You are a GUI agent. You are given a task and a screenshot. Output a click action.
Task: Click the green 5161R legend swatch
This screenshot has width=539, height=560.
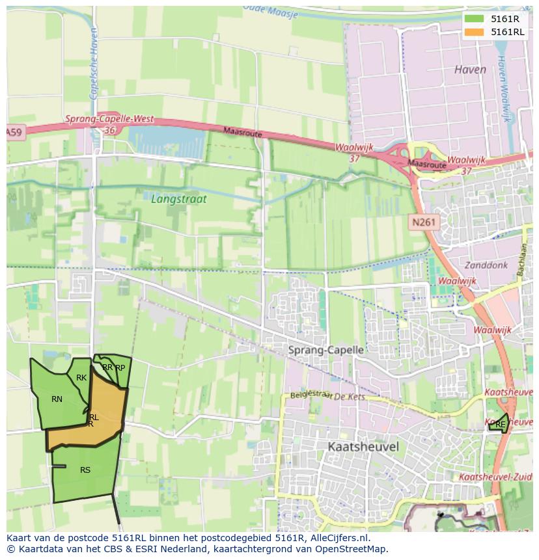point(475,19)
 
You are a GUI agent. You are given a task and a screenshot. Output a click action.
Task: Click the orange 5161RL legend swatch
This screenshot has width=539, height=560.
point(475,32)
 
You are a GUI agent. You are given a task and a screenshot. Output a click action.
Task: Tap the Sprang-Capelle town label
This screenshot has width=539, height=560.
point(325,350)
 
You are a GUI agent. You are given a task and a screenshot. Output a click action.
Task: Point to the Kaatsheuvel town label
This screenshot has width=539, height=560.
point(363,447)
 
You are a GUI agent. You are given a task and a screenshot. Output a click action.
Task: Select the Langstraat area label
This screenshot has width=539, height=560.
point(178,199)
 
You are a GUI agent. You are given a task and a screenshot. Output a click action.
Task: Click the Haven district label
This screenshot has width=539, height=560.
point(470,70)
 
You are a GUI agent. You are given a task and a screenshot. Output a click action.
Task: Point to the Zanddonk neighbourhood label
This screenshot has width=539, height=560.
point(485,265)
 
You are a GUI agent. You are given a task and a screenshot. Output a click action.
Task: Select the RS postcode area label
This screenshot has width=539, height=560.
point(85,470)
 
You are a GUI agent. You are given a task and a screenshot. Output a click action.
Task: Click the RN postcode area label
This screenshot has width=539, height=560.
point(57,399)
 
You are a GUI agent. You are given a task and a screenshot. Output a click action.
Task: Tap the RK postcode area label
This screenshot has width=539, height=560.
point(81,378)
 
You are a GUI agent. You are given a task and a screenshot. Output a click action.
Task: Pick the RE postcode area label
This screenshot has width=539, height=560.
point(500,425)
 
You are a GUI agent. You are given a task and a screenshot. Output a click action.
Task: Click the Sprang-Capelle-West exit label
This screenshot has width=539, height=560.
point(109,120)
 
